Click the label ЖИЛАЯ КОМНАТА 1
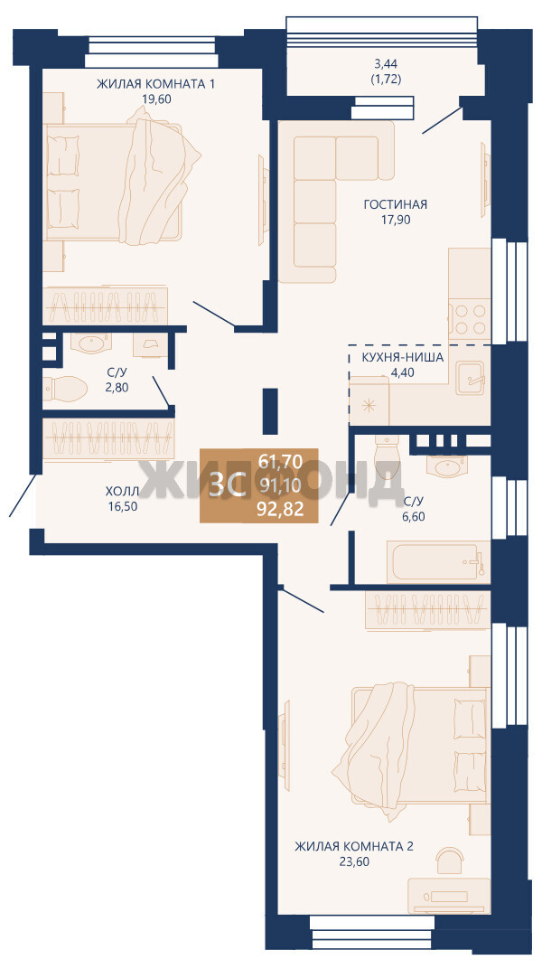(x=155, y=84)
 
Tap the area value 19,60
(x=156, y=98)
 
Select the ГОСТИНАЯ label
(x=395, y=204)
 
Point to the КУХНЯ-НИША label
(x=403, y=358)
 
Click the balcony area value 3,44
(x=387, y=63)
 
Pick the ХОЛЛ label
(x=121, y=492)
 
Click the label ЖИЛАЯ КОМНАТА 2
(x=354, y=846)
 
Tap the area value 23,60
(x=354, y=861)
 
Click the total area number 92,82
(x=281, y=510)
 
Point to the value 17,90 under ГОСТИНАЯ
(x=395, y=218)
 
